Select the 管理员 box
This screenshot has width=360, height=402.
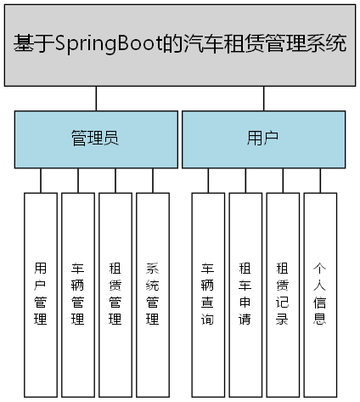[x=93, y=139]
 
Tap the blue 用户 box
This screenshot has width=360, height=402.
[x=264, y=139]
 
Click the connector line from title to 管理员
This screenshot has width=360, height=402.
[x=96, y=98]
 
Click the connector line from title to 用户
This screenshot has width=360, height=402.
[x=264, y=98]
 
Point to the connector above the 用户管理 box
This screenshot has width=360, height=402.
[x=41, y=179]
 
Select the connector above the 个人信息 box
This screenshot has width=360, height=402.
[x=320, y=179]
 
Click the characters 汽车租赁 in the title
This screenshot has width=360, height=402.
[x=224, y=44]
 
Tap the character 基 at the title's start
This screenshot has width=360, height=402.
[x=23, y=44]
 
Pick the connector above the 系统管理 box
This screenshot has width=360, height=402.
[x=153, y=179]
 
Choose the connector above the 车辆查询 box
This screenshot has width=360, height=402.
[x=208, y=179]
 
